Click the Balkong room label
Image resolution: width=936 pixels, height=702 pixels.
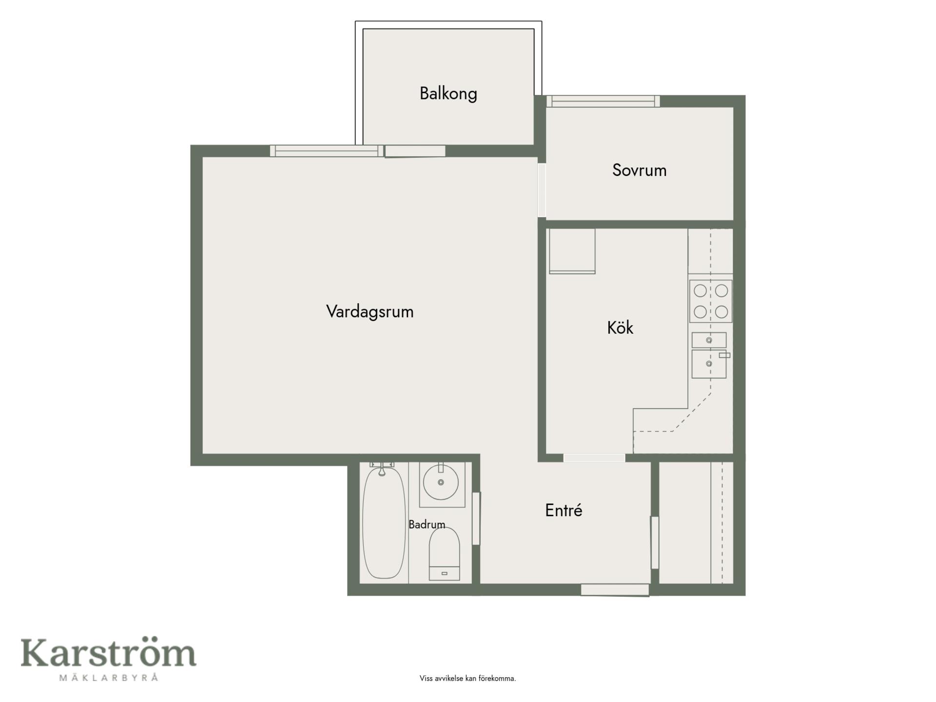pos(448,93)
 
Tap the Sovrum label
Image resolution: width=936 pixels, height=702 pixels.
pos(639,170)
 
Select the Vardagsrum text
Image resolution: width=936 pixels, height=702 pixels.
pos(370,312)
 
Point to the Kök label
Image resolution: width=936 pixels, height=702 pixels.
pos(620,327)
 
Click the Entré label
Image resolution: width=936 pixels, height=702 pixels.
pos(564,510)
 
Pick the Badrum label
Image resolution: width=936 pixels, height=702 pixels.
pos(427,525)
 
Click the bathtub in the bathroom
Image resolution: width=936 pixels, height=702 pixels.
pos(384,522)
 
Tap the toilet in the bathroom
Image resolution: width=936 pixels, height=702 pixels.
pos(444,554)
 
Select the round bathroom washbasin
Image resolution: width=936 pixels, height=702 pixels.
pos(441,482)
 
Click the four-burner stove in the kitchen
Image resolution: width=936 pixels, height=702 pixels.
pos(710,301)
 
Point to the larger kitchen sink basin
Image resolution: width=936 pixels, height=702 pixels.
pos(709,364)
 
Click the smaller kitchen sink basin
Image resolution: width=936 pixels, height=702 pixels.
pos(709,340)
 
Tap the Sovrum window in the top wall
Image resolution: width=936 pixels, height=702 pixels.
pos(603,101)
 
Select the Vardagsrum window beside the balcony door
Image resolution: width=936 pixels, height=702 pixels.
pos(327,151)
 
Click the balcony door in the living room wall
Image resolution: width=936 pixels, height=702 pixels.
pos(415,151)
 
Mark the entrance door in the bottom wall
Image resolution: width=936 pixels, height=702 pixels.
pos(615,590)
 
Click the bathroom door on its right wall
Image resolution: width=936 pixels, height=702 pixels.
pos(476,519)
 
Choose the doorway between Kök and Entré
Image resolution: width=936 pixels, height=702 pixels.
pos(594,458)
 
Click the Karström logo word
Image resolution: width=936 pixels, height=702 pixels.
pos(108,653)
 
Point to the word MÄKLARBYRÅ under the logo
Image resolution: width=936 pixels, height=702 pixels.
pos(109,677)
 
